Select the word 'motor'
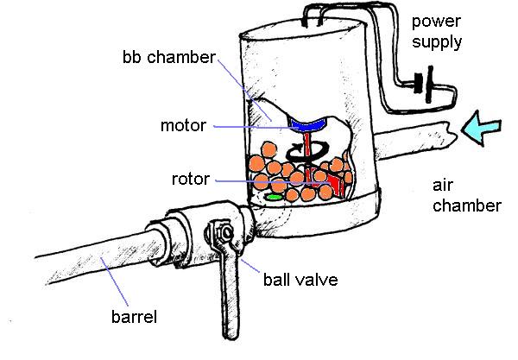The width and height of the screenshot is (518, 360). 183,125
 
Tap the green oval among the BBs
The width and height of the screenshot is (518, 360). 275,198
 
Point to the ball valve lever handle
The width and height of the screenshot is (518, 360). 230,294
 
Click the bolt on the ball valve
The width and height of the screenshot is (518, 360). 222,233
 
